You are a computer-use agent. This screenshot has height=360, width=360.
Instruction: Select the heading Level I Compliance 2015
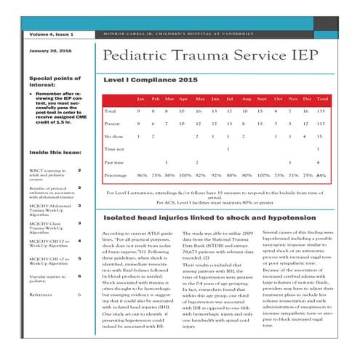pyautogui.click(x=151, y=79)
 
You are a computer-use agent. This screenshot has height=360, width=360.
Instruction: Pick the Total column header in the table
pyautogui.click(x=322, y=98)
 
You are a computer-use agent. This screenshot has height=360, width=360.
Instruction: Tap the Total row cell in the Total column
pyautogui.click(x=322, y=111)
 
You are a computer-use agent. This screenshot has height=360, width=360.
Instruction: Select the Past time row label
pyautogui.click(x=113, y=162)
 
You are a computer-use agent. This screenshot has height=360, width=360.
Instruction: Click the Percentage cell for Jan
pyautogui.click(x=142, y=175)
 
